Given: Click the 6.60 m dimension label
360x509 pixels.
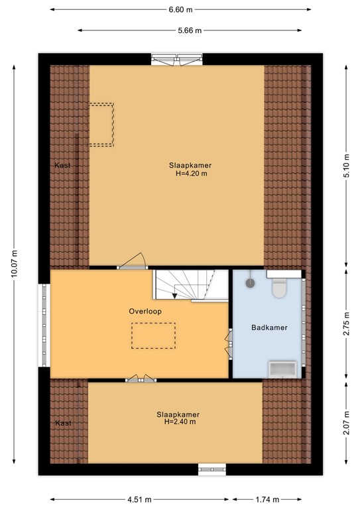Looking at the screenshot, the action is coord(180,10).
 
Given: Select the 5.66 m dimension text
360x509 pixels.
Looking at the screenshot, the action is coord(190,30).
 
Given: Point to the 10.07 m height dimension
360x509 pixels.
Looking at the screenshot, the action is coord(14,264).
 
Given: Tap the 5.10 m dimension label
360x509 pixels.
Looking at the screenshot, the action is coord(346,166).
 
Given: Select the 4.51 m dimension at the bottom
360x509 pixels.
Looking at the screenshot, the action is coord(139,499).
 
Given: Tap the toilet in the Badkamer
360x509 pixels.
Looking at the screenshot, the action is coord(279,287).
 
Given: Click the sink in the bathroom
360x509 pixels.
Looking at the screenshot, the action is coord(282,369).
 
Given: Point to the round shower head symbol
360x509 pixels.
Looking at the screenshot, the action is coord(250,283).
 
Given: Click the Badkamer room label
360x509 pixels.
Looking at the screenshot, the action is coord(269,327).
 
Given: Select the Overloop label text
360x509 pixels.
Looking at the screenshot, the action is coord(145,311).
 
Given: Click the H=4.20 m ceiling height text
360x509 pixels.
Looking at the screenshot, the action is coord(191,174).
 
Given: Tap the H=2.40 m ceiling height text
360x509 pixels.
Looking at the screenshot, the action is coord(180,422).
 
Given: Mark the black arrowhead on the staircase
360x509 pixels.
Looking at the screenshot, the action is coord(174,296).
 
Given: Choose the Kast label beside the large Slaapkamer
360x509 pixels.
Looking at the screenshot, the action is coord(62,165).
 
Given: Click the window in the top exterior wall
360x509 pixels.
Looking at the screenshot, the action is coord(177,60).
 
